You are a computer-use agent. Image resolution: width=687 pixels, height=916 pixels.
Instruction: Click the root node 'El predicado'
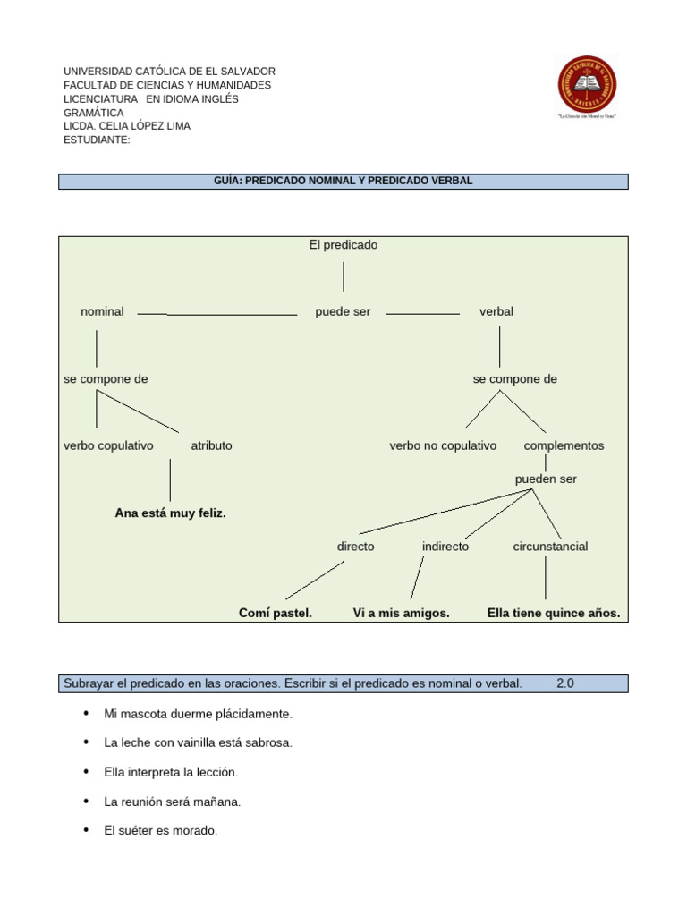(343, 245)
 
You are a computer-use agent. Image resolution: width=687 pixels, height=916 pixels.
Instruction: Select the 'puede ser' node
(343, 311)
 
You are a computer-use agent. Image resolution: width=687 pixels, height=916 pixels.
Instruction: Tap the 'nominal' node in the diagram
(102, 311)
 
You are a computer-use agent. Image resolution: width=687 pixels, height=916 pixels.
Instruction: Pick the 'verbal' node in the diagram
(496, 311)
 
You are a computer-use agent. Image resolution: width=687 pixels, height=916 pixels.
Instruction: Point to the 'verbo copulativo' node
(108, 445)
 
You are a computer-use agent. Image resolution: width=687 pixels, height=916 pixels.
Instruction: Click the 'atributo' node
(211, 445)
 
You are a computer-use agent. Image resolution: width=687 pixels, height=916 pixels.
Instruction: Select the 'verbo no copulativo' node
(443, 445)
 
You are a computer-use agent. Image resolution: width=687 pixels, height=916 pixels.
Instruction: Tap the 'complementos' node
(564, 445)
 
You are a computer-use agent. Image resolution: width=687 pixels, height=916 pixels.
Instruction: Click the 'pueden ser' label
(546, 479)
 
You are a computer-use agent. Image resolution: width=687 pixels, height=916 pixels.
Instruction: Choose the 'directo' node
(356, 547)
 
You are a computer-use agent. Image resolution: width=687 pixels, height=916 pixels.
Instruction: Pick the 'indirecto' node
(445, 547)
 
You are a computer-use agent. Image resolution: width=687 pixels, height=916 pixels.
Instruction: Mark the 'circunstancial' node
(550, 547)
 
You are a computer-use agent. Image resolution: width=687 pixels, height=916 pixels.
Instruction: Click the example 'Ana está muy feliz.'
(170, 513)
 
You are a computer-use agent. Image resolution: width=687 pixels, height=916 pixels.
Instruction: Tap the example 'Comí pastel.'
(276, 614)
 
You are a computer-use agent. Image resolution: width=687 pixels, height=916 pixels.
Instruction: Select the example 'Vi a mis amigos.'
(402, 614)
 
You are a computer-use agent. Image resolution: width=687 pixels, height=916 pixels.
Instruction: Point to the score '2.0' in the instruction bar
(565, 683)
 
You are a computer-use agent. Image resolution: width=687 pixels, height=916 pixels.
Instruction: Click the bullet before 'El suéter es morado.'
(86, 830)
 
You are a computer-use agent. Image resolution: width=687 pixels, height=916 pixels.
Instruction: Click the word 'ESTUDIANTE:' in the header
(97, 140)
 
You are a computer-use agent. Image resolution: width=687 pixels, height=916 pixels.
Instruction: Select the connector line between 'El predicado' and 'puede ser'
(343, 277)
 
